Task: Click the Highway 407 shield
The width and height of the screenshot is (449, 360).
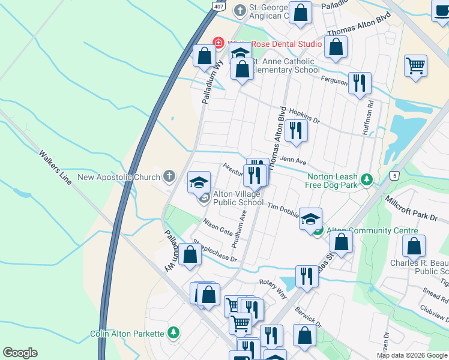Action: pos(219,5)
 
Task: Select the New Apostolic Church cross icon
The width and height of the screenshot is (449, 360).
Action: pos(169,176)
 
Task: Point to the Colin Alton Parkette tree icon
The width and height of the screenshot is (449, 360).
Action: pos(173,332)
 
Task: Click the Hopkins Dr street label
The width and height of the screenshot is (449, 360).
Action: pos(304,116)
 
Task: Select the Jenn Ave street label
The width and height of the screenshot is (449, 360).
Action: pos(294,161)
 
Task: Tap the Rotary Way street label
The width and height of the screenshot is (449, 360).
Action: pos(273,286)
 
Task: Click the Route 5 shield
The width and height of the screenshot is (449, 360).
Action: pos(394,175)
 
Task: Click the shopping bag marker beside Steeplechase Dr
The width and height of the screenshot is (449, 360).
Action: pos(190,254)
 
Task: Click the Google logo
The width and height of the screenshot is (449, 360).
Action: pos(20,353)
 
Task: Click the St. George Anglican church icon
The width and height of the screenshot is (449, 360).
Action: pos(240,10)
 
